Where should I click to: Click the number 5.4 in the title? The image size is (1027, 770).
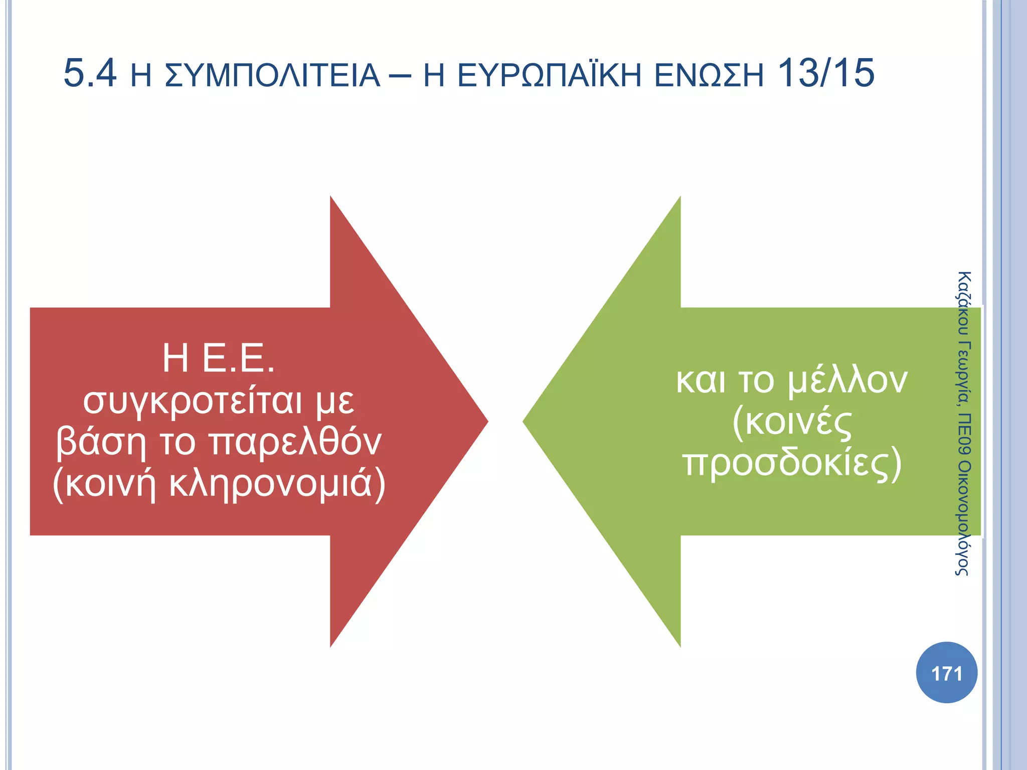(90, 74)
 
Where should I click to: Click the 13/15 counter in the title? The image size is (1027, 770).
(825, 74)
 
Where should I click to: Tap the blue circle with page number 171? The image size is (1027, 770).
(946, 673)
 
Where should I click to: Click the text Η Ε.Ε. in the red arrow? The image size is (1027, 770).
(219, 358)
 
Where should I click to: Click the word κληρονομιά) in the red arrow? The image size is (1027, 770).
(277, 484)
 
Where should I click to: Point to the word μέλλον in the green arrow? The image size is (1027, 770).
(847, 381)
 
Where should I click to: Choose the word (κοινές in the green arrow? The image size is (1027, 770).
(792, 422)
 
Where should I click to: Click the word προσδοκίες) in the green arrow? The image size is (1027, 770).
(792, 464)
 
